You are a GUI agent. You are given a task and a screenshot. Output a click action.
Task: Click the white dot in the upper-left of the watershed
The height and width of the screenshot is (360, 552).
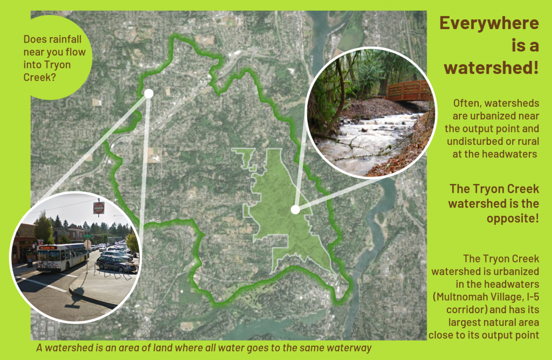149,93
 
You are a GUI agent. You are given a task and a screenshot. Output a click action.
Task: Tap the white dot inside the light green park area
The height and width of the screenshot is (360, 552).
295,209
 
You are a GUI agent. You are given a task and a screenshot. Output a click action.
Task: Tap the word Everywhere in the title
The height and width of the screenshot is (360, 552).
489,23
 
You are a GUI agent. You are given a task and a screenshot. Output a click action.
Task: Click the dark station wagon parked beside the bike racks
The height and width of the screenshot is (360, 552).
115,264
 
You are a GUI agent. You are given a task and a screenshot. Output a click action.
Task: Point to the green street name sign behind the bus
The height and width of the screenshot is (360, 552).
86,235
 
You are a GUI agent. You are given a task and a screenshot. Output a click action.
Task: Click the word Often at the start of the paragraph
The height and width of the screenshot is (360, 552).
465,102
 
